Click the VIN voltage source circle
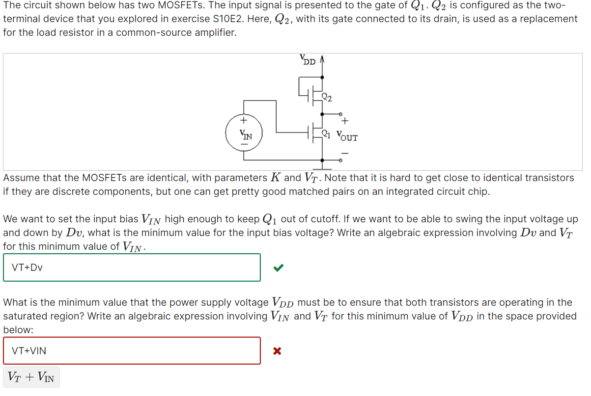(x=244, y=134)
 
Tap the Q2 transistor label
(x=327, y=97)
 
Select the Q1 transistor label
(x=326, y=132)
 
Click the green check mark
(x=278, y=267)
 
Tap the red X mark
(x=277, y=351)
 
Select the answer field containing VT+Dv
(x=132, y=267)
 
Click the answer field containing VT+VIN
(x=132, y=351)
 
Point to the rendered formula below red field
(x=31, y=377)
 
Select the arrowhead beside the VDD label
(x=322, y=60)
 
